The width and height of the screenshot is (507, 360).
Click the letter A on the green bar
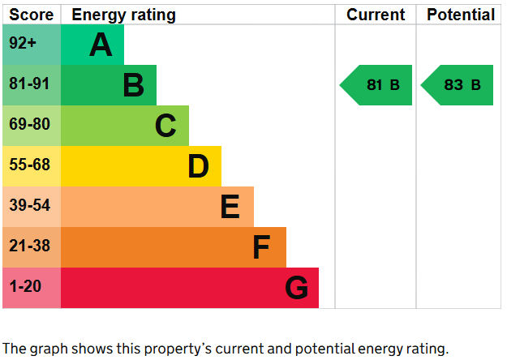101,45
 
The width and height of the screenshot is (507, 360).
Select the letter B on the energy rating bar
134,85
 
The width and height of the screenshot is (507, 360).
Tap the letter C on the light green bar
165,126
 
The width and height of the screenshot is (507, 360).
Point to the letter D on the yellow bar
199,166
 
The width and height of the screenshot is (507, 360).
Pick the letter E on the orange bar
230,207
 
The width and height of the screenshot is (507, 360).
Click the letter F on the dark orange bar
260,247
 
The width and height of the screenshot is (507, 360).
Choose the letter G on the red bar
297,288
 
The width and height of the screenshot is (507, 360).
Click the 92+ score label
23,44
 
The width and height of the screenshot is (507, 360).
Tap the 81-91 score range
28,84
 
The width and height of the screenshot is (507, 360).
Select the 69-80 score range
29,125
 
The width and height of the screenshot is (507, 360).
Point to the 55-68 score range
29,165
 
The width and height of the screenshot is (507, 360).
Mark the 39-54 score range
29,206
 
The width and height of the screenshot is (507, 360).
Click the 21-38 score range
29,246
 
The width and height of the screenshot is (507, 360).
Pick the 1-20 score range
24,287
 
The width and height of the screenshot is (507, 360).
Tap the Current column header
376,15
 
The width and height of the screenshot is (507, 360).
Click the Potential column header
460,15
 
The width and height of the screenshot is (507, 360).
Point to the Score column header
31,15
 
